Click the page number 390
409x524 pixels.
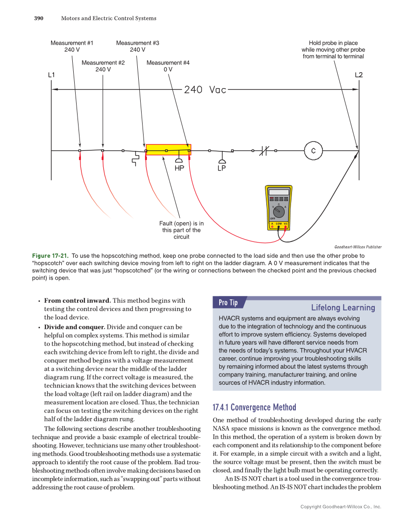point(39,18)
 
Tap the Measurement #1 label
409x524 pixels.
point(72,46)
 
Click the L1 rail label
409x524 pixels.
point(52,75)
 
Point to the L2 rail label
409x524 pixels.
point(358,75)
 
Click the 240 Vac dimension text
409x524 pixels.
point(205,90)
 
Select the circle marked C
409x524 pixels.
point(313,150)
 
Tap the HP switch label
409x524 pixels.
point(179,169)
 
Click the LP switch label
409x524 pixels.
point(222,169)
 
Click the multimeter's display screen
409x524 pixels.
point(279,192)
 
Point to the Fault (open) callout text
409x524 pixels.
point(181,230)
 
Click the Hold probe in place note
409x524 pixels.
point(333,50)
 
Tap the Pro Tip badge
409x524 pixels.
point(228,303)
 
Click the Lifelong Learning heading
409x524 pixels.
point(343,308)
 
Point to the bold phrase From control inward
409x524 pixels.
point(78,301)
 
